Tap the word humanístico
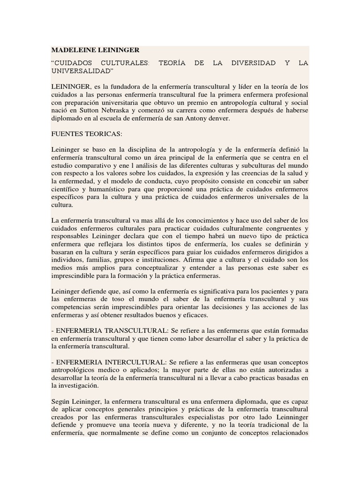pos(107,189)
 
